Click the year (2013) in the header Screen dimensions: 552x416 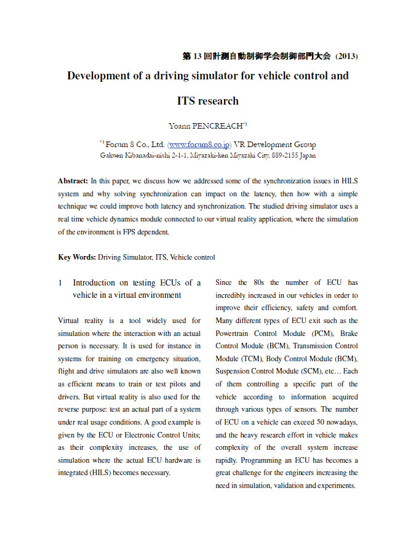(346, 56)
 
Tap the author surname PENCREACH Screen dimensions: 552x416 (218, 126)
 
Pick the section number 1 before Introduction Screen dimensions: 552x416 (60, 283)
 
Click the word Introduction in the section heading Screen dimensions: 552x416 (94, 283)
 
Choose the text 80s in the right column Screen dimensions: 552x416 (259, 283)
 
